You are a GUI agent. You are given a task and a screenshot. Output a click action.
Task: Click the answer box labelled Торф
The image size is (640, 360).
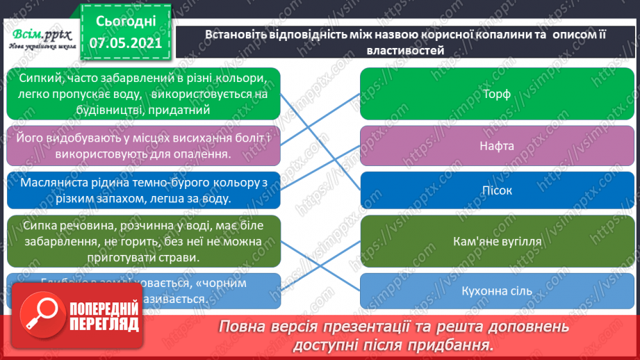(x=496, y=94)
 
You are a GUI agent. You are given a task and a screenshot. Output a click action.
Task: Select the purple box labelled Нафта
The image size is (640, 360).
(x=496, y=146)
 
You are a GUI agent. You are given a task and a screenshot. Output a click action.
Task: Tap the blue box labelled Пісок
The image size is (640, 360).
(x=496, y=190)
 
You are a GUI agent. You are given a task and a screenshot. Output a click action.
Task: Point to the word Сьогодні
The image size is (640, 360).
(x=126, y=19)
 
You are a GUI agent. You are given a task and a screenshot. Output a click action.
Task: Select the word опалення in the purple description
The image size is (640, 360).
(x=193, y=154)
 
